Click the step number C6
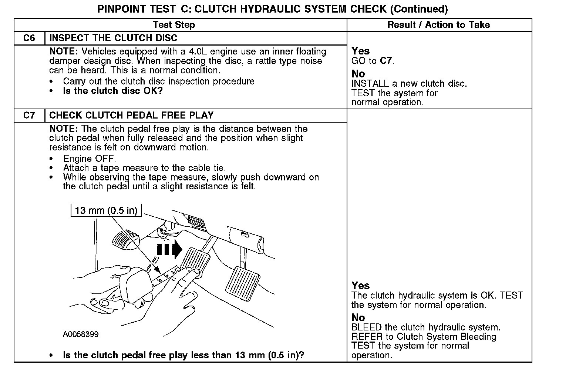pyautogui.click(x=29, y=38)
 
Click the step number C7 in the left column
pyautogui.click(x=29, y=115)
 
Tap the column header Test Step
pyautogui.click(x=174, y=25)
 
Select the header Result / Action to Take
pyautogui.click(x=438, y=25)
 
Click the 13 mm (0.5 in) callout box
pyautogui.click(x=106, y=210)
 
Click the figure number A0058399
pyautogui.click(x=81, y=334)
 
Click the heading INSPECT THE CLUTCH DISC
pyautogui.click(x=113, y=38)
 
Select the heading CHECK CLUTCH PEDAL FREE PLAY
pyautogui.click(x=131, y=115)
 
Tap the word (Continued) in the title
pyautogui.click(x=419, y=9)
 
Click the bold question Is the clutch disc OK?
pyautogui.click(x=113, y=91)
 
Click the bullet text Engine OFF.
pyautogui.click(x=90, y=159)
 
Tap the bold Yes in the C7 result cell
pyautogui.click(x=360, y=286)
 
